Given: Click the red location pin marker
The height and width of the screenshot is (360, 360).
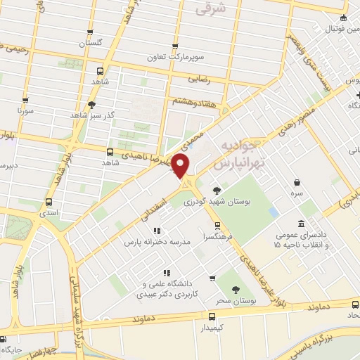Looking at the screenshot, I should (x=181, y=166).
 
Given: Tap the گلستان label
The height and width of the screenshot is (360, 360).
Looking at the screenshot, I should (x=90, y=43).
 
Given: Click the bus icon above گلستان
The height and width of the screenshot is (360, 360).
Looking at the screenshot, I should (x=90, y=32).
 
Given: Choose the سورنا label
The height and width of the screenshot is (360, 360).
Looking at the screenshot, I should (x=25, y=111).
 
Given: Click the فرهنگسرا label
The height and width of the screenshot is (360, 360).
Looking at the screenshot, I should (x=218, y=237).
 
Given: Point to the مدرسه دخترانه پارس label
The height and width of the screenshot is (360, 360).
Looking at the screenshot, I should (x=157, y=241).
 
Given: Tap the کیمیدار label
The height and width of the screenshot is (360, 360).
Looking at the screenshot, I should (x=211, y=328).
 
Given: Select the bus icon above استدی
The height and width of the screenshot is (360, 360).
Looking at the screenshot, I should (x=48, y=200).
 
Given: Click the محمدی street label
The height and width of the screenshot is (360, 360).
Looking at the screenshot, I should (x=196, y=134).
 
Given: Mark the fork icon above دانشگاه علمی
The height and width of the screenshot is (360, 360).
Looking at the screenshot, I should (x=166, y=273).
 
